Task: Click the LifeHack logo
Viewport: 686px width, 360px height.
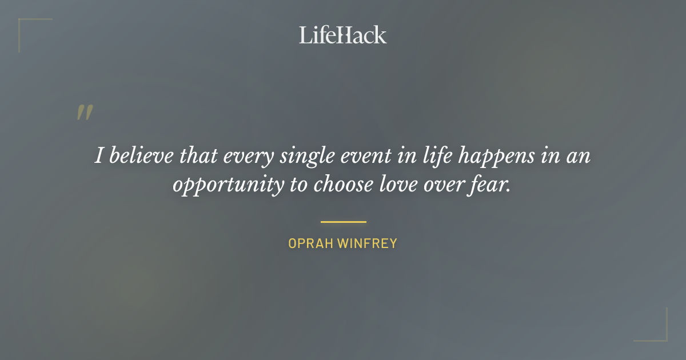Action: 343,35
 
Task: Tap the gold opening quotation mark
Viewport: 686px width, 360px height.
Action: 84,113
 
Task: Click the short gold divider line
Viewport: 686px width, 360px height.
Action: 343,222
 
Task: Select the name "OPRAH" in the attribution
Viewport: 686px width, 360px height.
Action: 311,243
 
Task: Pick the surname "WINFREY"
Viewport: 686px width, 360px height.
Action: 367,243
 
